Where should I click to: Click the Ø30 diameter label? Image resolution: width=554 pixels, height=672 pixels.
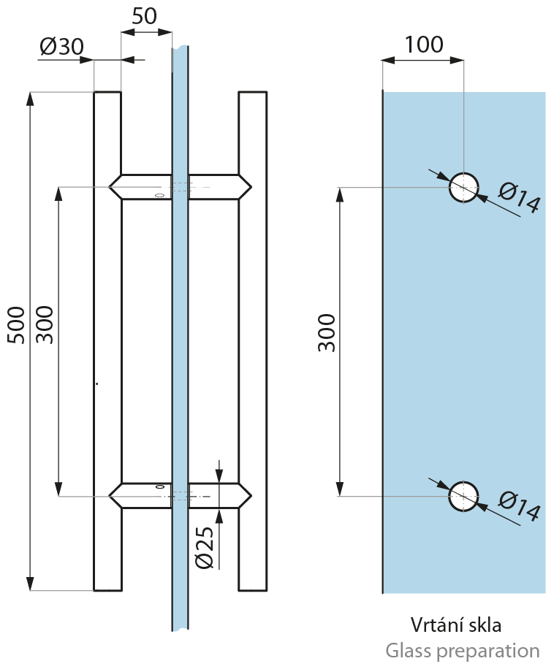tap(61, 46)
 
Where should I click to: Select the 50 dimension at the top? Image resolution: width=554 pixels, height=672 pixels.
tap(144, 16)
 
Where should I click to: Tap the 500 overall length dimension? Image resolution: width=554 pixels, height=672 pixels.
tap(17, 324)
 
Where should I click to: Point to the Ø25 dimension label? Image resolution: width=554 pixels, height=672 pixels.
tap(204, 547)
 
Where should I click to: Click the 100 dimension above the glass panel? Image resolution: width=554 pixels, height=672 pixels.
tap(424, 45)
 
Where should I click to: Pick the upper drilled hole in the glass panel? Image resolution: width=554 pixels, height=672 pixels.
tap(463, 188)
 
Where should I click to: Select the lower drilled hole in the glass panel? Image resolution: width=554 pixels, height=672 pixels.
tap(463, 496)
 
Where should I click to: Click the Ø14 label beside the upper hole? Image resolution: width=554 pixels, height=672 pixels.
tap(519, 197)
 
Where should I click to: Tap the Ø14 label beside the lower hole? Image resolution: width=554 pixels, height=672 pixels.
tap(519, 506)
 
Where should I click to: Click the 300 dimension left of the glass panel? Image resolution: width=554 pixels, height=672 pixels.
tap(327, 332)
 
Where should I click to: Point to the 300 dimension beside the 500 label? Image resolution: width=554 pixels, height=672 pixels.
tap(45, 324)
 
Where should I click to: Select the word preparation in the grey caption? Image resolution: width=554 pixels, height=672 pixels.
tap(493, 652)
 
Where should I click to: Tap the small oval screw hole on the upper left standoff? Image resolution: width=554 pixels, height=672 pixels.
tap(159, 196)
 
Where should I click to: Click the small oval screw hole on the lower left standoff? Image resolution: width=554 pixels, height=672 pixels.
tap(160, 487)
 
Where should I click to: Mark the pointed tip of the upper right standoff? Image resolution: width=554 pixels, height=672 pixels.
tap(251, 187)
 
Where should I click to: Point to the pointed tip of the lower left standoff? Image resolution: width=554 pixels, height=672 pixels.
tap(110, 496)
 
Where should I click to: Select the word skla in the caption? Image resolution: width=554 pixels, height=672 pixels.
tap(483, 625)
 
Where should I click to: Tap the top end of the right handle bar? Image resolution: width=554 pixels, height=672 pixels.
tap(253, 92)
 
